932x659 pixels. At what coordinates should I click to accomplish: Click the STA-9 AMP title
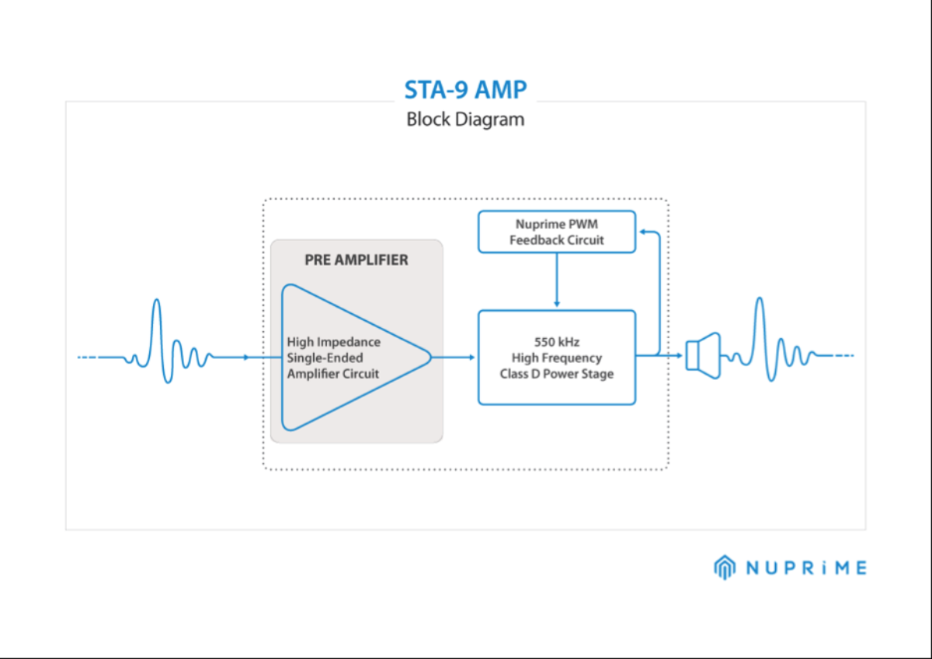(x=465, y=90)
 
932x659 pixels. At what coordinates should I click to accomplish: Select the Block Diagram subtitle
(x=465, y=120)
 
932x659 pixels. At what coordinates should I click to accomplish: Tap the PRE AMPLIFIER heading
(x=356, y=260)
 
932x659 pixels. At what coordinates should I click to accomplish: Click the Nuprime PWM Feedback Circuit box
(x=556, y=232)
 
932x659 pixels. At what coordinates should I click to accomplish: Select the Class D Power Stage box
(x=556, y=357)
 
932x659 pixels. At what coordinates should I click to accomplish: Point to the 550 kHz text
(x=556, y=341)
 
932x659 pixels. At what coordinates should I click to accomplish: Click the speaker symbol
(x=704, y=356)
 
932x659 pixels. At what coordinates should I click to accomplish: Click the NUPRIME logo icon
(x=724, y=567)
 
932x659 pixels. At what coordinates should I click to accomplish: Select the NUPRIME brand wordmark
(x=805, y=568)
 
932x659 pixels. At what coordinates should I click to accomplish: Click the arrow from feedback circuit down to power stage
(x=556, y=280)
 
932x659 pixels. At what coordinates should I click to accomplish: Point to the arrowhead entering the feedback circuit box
(x=641, y=232)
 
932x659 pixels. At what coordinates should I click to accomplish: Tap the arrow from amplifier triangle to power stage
(x=454, y=357)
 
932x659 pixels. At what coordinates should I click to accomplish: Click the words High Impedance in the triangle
(x=333, y=342)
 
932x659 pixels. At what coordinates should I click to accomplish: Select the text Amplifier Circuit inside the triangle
(x=333, y=374)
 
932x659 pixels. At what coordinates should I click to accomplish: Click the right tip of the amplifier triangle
(x=429, y=357)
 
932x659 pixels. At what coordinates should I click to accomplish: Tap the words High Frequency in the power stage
(x=556, y=357)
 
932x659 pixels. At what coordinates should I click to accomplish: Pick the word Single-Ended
(x=325, y=358)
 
